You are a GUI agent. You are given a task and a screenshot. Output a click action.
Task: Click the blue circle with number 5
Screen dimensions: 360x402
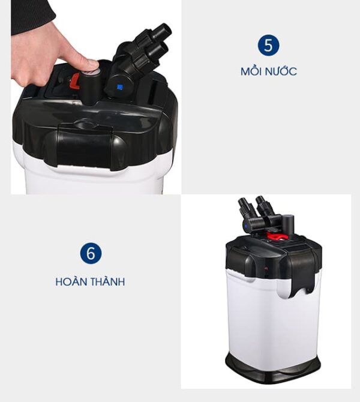click(268, 45)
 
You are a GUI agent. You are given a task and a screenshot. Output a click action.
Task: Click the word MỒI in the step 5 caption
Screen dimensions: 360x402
click(250, 71)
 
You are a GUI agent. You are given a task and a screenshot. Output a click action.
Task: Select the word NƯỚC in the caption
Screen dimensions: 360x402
click(281, 71)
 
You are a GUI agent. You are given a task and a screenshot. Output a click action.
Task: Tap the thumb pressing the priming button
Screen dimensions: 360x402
click(86, 64)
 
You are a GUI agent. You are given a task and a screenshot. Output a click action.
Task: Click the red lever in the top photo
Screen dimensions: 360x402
click(76, 81)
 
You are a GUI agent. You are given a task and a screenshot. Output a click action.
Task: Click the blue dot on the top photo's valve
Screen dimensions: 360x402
click(119, 87)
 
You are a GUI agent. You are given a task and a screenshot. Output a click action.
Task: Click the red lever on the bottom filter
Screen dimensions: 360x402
click(274, 236)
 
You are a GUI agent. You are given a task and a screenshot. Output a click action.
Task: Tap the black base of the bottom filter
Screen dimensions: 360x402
click(273, 368)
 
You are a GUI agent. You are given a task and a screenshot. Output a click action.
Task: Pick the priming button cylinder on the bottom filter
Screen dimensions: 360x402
click(287, 224)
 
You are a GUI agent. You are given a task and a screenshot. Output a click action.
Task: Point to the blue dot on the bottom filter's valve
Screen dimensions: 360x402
click(245, 226)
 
